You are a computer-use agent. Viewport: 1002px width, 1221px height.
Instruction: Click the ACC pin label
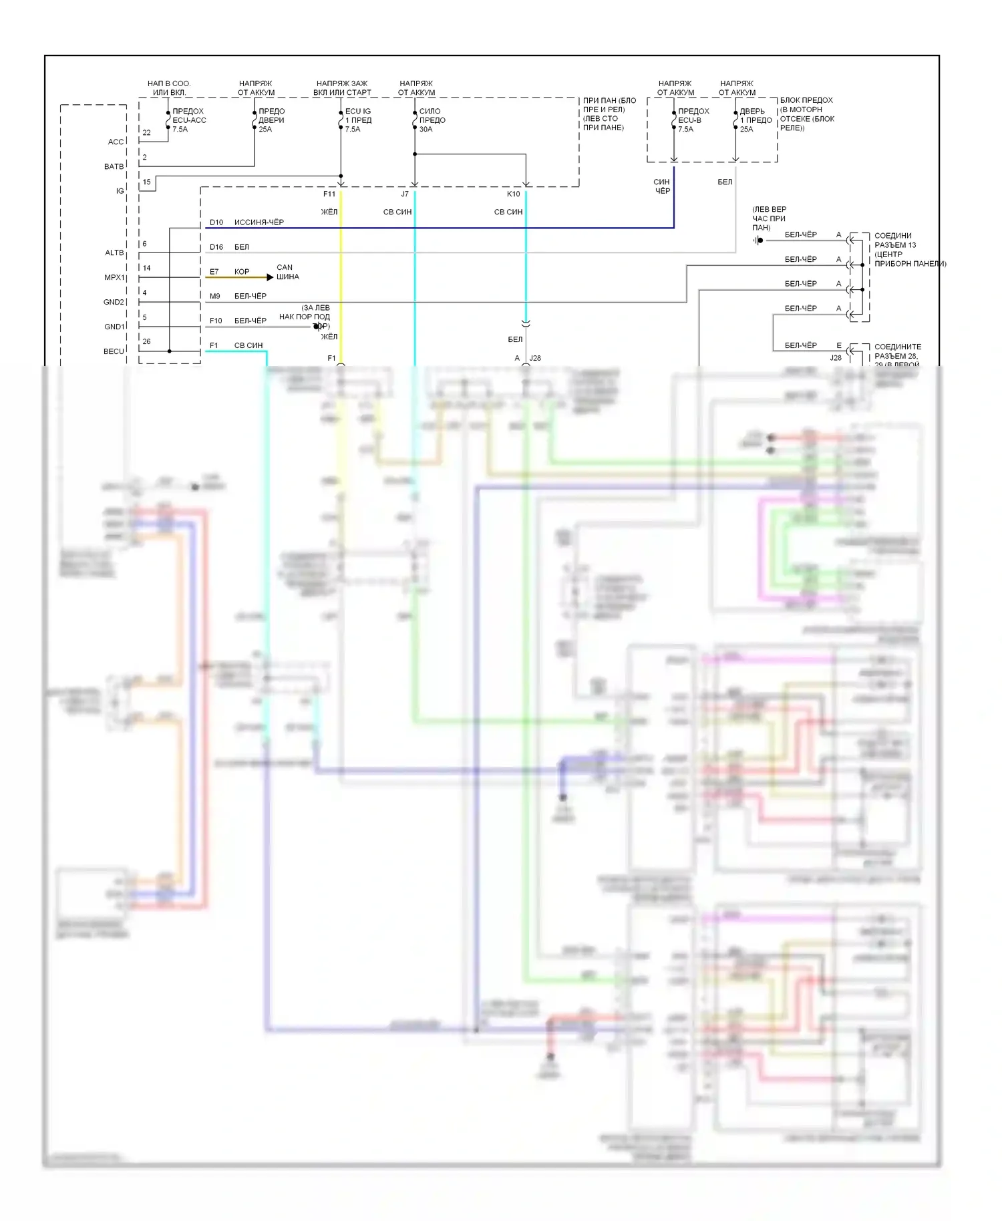click(116, 142)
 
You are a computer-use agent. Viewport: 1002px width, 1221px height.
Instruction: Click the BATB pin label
click(114, 166)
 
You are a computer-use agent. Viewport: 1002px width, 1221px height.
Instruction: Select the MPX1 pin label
click(114, 277)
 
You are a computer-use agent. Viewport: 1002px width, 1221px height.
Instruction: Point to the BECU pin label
click(114, 351)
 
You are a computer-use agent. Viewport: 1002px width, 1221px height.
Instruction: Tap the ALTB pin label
click(114, 252)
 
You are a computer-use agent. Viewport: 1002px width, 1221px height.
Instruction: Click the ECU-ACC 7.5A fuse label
click(189, 120)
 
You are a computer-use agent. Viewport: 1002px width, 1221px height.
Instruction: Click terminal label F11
click(329, 194)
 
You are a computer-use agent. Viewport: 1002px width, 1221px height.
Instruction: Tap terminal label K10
click(513, 194)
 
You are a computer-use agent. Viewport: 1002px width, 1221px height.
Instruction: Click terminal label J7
click(405, 194)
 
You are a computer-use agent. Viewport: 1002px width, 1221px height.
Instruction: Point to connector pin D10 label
click(216, 222)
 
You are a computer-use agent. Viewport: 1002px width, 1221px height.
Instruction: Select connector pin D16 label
click(216, 247)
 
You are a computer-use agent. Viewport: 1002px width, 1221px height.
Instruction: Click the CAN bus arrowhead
click(270, 277)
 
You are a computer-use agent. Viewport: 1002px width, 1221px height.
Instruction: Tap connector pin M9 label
click(215, 296)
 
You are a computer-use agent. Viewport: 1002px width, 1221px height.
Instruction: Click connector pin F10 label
click(216, 321)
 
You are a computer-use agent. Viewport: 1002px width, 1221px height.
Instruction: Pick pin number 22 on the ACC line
click(147, 133)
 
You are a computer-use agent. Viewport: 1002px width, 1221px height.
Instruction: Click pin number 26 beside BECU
click(146, 341)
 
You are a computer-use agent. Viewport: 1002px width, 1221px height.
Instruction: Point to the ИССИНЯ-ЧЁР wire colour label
click(259, 222)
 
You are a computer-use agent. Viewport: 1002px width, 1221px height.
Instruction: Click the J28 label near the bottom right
click(836, 358)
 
